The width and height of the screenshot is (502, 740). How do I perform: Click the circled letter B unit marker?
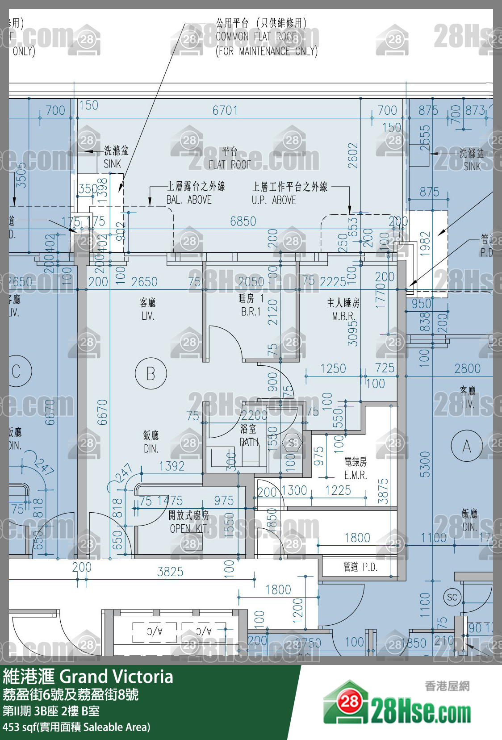[151, 373]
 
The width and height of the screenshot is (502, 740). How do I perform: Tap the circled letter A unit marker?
[466, 446]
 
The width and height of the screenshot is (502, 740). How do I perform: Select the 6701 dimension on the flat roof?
[225, 110]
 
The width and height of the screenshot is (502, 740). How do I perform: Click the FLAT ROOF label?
[230, 164]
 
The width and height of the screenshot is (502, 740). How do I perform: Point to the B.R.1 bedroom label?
[251, 312]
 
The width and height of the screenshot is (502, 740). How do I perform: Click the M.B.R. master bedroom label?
[343, 316]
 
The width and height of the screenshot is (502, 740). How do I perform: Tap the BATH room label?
[249, 442]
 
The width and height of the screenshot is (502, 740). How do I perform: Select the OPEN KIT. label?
[188, 529]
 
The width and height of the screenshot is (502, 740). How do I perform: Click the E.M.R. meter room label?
[356, 475]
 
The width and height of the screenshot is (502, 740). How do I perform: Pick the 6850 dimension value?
[243, 221]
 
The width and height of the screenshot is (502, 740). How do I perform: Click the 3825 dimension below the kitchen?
[170, 572]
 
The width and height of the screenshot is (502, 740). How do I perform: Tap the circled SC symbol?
[452, 598]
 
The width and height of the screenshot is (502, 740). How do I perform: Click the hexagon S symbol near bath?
[292, 443]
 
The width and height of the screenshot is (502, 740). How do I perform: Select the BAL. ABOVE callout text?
[189, 200]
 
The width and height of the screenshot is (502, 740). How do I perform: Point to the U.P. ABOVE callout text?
[274, 200]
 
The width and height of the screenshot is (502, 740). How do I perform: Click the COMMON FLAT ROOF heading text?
[257, 37]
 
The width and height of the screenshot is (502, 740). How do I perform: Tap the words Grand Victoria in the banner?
[116, 677]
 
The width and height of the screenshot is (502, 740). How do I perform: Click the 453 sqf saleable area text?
[76, 727]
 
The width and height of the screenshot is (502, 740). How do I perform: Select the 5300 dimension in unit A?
[425, 464]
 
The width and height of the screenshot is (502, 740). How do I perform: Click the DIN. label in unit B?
[151, 448]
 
